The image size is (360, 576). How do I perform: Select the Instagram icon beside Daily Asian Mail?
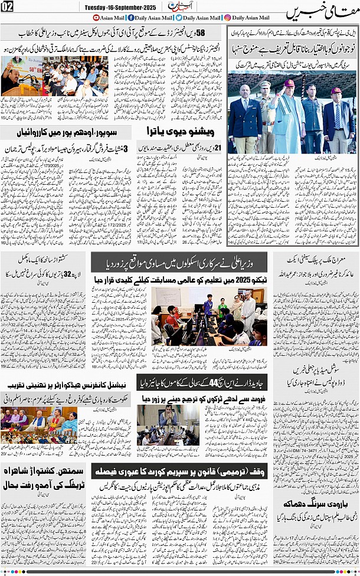[x=227, y=18]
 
